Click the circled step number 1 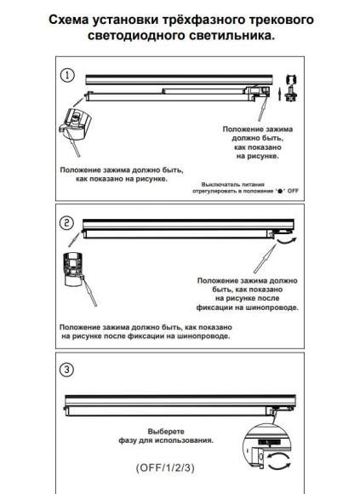pyautogui.click(x=66, y=76)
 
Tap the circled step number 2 pyautogui.click(x=66, y=223)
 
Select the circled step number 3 pyautogui.click(x=66, y=369)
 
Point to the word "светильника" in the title pyautogui.click(x=230, y=35)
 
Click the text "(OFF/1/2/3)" pyautogui.click(x=165, y=468)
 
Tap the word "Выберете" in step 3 pyautogui.click(x=166, y=431)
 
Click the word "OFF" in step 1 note pyautogui.click(x=293, y=191)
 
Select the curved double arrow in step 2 pyautogui.click(x=287, y=241)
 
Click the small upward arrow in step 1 pyautogui.click(x=279, y=95)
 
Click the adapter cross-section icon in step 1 pyautogui.click(x=292, y=89)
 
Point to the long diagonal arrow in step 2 pyautogui.click(x=266, y=258)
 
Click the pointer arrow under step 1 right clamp pyautogui.click(x=262, y=109)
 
